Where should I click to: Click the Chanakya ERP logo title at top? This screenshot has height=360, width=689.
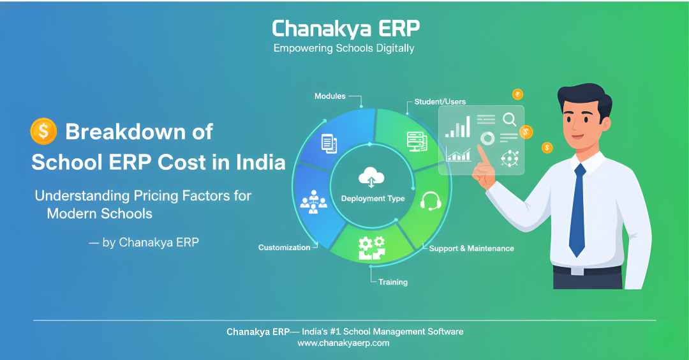tap(346, 29)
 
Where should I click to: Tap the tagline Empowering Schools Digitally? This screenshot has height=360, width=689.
tap(344, 49)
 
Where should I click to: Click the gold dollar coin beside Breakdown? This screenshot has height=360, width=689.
tap(43, 131)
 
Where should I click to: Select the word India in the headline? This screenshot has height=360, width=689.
tap(261, 162)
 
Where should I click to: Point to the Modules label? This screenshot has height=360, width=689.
tap(330, 96)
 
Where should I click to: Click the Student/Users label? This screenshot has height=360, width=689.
tap(440, 101)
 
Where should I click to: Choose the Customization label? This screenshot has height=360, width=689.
tap(285, 248)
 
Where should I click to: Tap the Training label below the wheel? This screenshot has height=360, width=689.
tap(393, 282)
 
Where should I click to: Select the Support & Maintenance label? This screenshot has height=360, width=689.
tap(471, 248)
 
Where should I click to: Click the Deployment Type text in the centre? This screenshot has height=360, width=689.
tap(373, 199)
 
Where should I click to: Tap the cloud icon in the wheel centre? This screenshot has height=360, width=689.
tap(371, 177)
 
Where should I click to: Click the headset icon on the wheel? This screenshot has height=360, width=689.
tap(430, 201)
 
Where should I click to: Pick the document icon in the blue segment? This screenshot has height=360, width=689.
tap(329, 144)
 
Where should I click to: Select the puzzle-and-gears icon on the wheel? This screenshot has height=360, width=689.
tap(372, 248)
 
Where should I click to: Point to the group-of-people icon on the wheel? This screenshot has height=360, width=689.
tap(313, 202)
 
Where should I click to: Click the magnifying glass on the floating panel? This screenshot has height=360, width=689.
tap(510, 119)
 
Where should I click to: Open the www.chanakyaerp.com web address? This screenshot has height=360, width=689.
tap(343, 343)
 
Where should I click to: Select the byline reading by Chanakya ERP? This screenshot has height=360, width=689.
tap(144, 242)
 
